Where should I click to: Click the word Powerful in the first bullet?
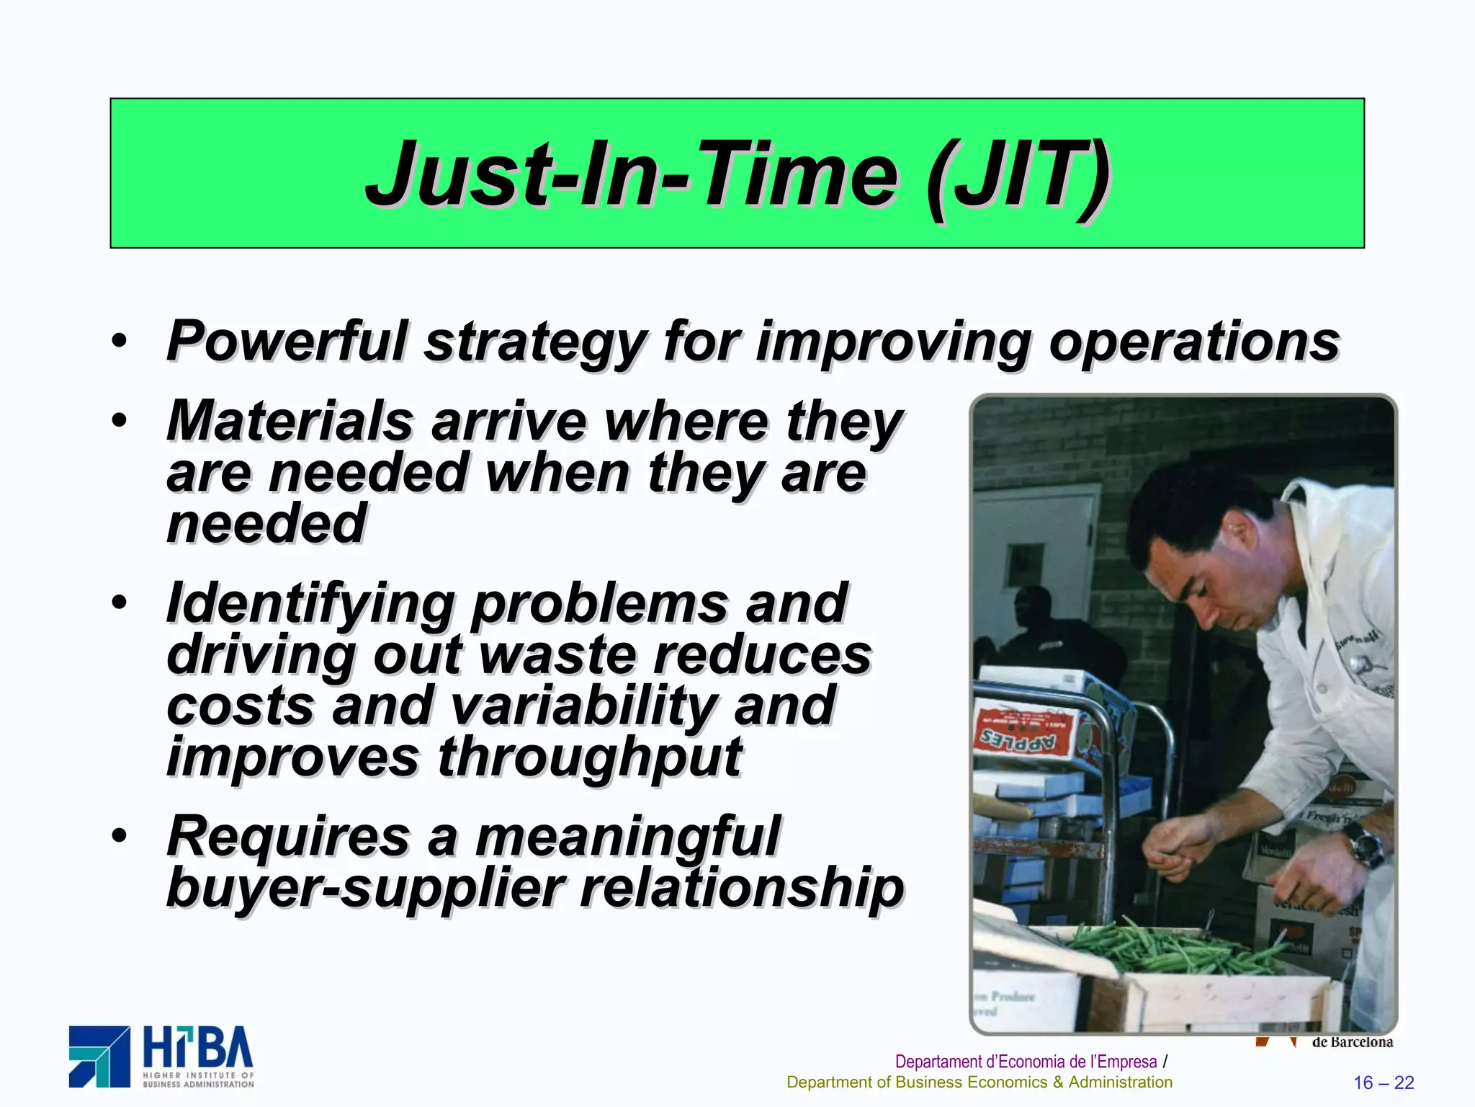(287, 340)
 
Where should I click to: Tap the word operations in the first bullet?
(1193, 342)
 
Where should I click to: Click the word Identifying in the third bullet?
(310, 604)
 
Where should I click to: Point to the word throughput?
(589, 758)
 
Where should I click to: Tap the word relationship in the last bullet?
(742, 888)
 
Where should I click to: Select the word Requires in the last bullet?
(288, 837)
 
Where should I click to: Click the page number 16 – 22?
(1384, 1082)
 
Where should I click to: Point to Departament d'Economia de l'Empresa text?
(1026, 1062)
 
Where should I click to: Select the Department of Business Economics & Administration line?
(979, 1082)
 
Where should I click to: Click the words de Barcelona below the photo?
(1352, 1042)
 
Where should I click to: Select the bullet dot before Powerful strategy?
(120, 340)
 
